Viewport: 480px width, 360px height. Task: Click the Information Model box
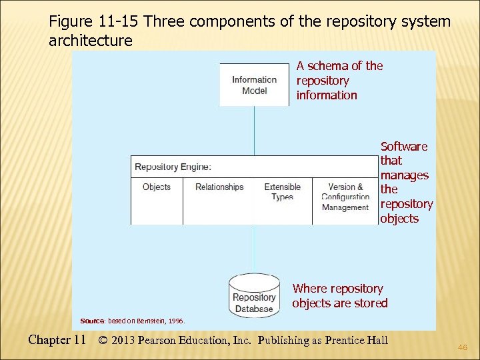(x=254, y=85)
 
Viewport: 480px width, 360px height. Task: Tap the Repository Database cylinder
(x=254, y=297)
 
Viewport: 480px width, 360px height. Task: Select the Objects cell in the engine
(x=157, y=187)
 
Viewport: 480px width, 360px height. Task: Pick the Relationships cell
(x=219, y=187)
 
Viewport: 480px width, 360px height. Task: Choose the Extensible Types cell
(x=283, y=192)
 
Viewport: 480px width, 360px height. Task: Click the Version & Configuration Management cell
(x=345, y=197)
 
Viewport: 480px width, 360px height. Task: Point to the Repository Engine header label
(x=173, y=167)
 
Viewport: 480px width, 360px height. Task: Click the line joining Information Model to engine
(x=254, y=131)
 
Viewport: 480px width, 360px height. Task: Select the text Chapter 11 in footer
(x=57, y=340)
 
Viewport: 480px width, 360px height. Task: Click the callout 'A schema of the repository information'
(x=339, y=80)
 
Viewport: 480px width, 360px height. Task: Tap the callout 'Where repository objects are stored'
(x=339, y=296)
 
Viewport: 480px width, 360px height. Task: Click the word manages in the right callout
(x=404, y=175)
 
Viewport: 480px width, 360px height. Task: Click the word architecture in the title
(x=91, y=41)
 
